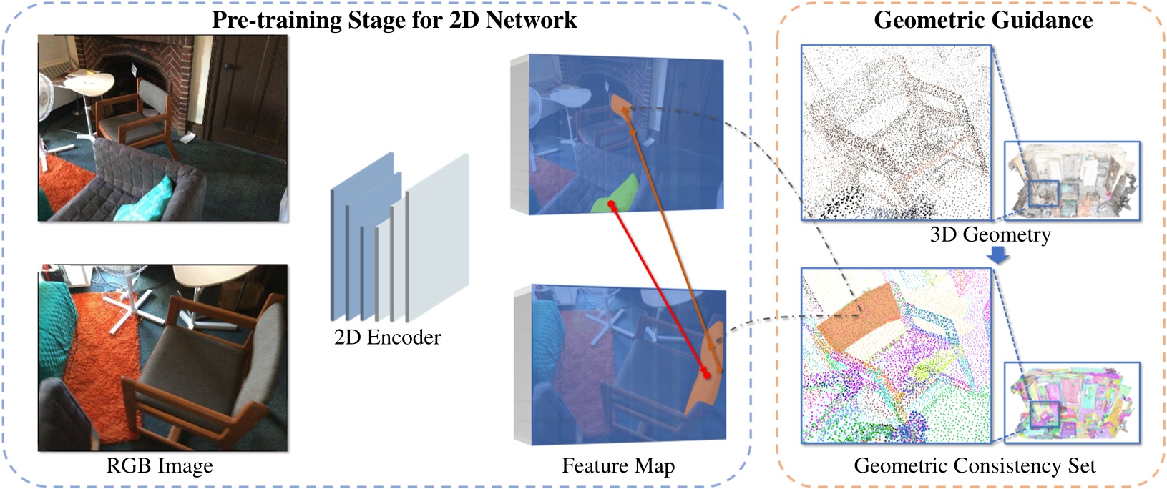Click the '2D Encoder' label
[x=387, y=337]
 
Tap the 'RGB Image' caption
[x=160, y=466]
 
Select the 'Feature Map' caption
[x=618, y=466]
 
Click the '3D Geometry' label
[x=990, y=234]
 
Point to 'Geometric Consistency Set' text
[x=975, y=466]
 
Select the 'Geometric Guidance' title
[x=983, y=19]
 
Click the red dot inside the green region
[x=612, y=205]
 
